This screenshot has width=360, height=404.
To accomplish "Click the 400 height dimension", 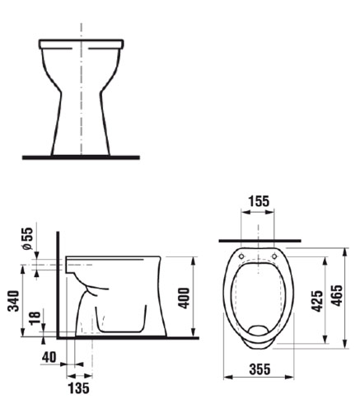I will pyautogui.click(x=185, y=297).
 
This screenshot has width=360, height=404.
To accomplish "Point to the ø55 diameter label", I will pyautogui.click(x=26, y=238).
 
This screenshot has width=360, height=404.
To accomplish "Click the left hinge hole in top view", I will pyautogui.click(x=241, y=257).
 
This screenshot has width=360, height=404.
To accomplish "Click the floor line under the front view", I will pyautogui.click(x=81, y=157).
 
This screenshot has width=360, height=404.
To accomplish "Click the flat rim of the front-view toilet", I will pyautogui.click(x=81, y=41).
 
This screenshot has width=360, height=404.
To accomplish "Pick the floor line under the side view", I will pyautogui.click(x=132, y=338).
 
